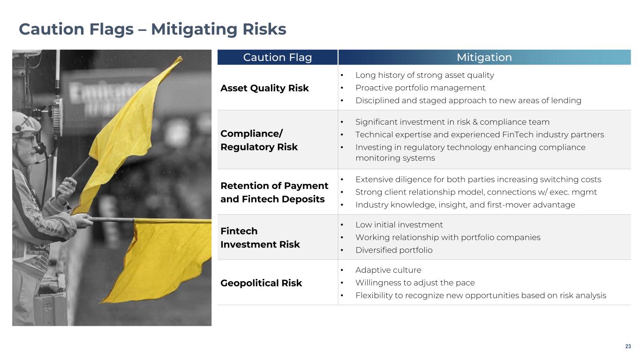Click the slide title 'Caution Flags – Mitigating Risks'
click(152, 30)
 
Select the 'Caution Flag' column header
click(278, 57)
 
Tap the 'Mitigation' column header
click(484, 57)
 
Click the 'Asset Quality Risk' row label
click(264, 88)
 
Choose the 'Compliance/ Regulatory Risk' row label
click(259, 140)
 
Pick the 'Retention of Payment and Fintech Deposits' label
click(274, 192)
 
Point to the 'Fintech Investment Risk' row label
click(260, 238)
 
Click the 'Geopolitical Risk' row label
click(261, 283)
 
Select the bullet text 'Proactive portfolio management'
click(420, 88)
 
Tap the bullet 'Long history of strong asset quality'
click(425, 75)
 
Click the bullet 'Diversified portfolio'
click(394, 250)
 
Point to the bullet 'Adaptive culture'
click(388, 270)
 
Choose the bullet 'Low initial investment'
click(399, 225)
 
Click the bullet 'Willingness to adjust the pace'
click(415, 283)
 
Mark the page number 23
click(628, 346)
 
